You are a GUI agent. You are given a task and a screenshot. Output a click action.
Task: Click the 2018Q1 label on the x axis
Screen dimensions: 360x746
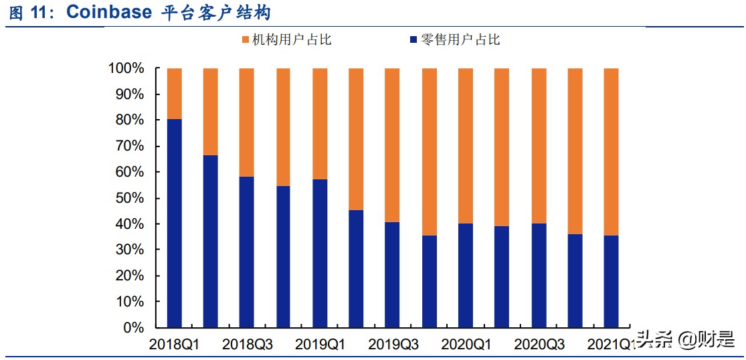[x=175, y=345]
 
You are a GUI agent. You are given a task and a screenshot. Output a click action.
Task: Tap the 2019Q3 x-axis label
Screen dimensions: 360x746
[x=393, y=345]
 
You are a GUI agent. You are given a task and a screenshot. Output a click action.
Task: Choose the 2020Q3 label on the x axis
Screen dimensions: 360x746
[x=539, y=345]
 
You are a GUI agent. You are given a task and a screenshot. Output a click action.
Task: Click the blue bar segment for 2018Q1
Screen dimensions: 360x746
[x=175, y=223]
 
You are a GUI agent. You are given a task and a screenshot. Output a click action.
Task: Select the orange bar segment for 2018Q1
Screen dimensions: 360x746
[x=175, y=94]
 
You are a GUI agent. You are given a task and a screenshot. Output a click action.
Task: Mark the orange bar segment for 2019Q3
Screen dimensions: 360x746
[x=393, y=145]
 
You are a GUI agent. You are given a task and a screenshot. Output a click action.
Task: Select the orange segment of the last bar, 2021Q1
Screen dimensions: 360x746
[x=611, y=151]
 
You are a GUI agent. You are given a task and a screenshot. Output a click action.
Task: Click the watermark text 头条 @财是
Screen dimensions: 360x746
[x=686, y=341]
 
